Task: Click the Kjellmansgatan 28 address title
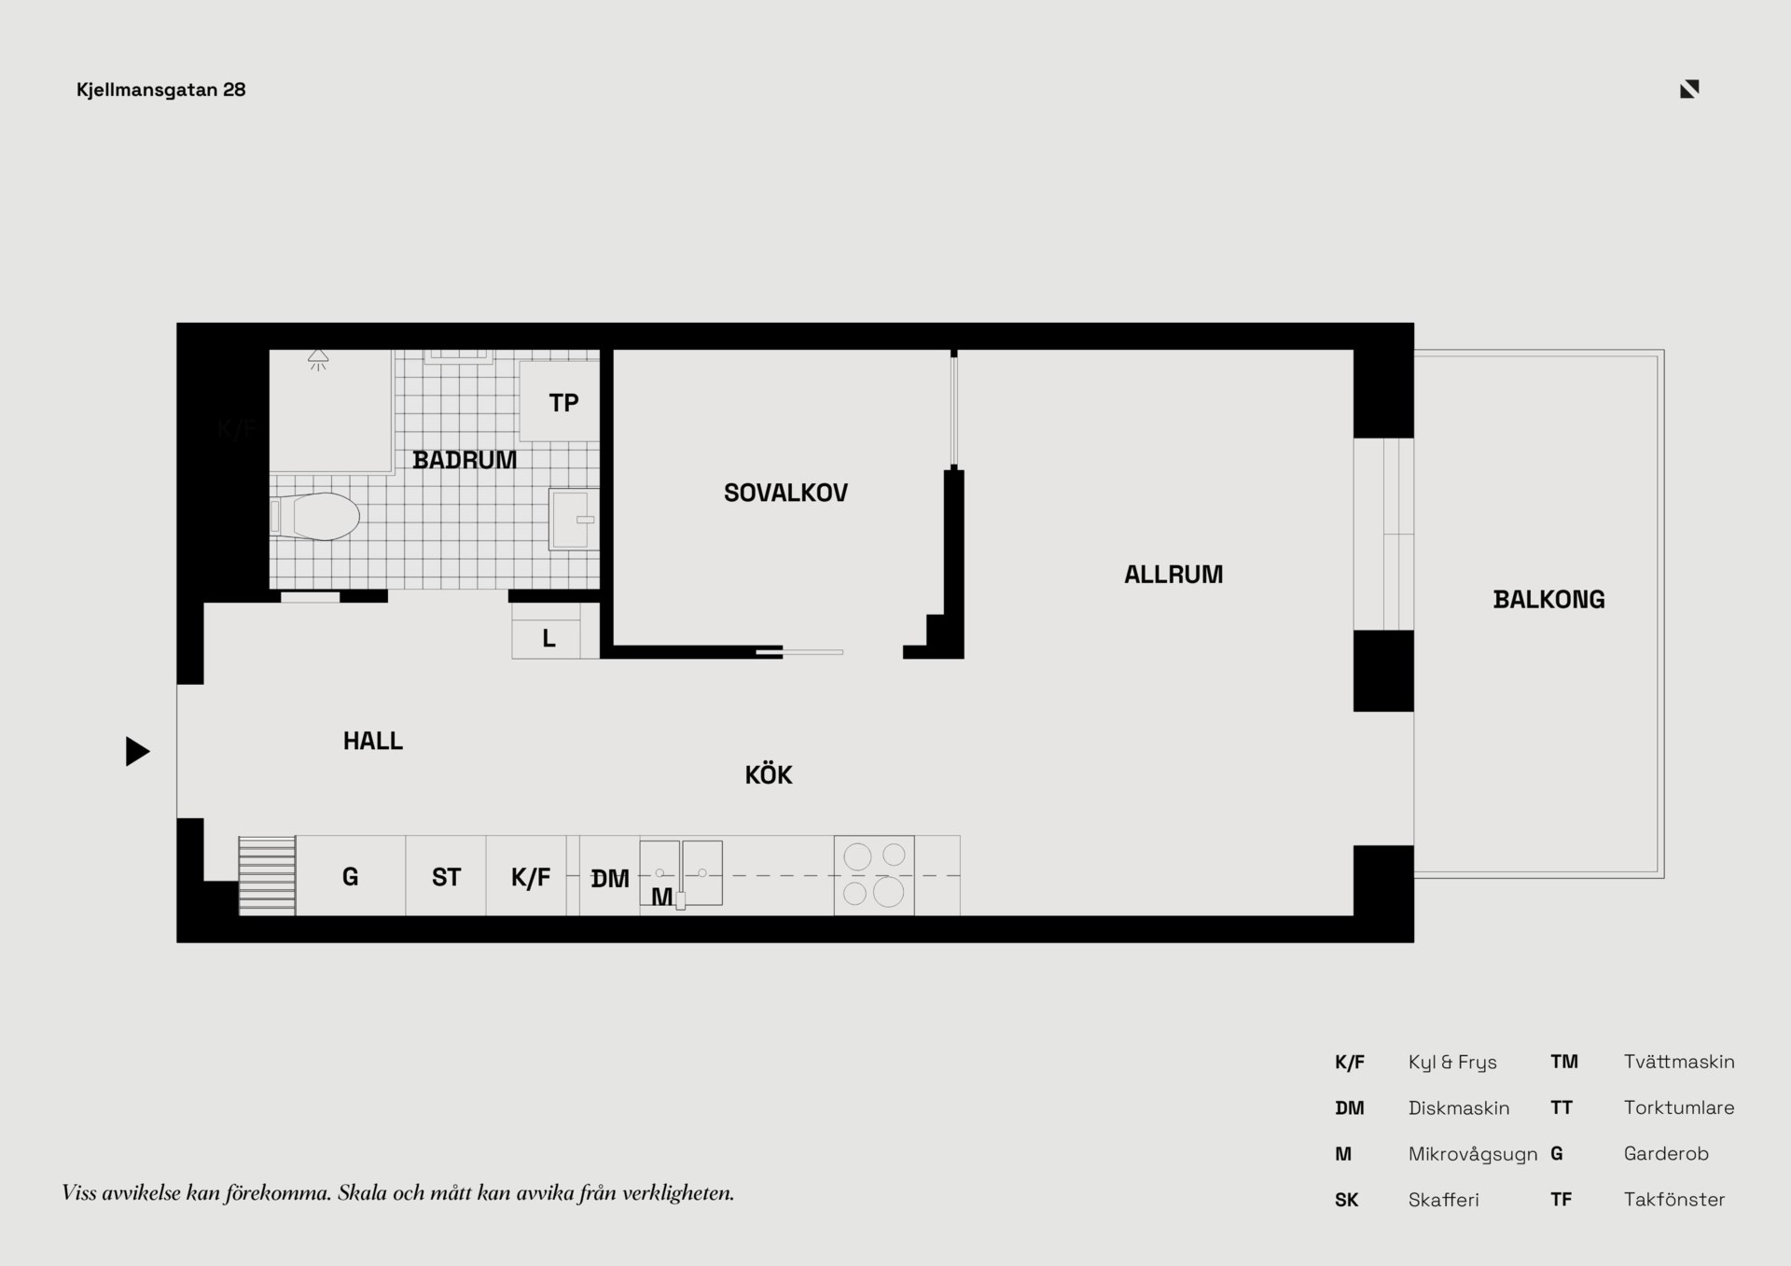pyautogui.click(x=160, y=90)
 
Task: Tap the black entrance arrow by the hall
pyautogui.click(x=137, y=751)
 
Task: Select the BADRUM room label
pyautogui.click(x=465, y=460)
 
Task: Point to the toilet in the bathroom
pyautogui.click(x=315, y=517)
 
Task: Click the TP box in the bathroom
pyautogui.click(x=559, y=401)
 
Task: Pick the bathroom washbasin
pyautogui.click(x=574, y=519)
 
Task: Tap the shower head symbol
pyautogui.click(x=318, y=359)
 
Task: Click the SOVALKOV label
pyautogui.click(x=785, y=493)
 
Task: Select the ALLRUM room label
pyautogui.click(x=1173, y=575)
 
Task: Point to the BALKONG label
pyautogui.click(x=1548, y=600)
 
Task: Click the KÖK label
pyautogui.click(x=769, y=774)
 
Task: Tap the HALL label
pyautogui.click(x=373, y=741)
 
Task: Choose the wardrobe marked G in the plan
pyautogui.click(x=351, y=875)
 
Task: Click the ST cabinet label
pyautogui.click(x=446, y=877)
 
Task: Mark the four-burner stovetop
pyautogui.click(x=874, y=875)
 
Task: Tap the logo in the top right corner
pyautogui.click(x=1689, y=90)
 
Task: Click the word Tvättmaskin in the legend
pyautogui.click(x=1679, y=1062)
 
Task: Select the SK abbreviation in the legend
pyautogui.click(x=1347, y=1200)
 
